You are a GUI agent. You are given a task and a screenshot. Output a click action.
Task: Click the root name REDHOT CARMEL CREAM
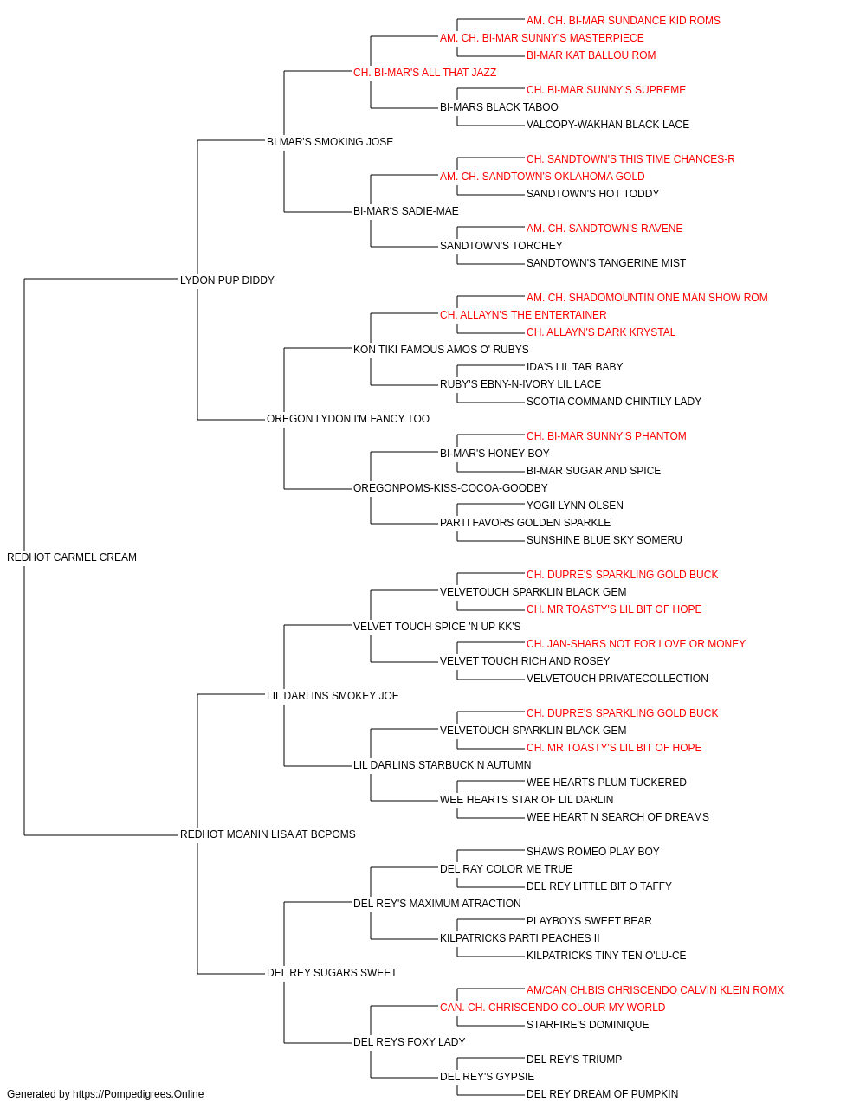(72, 557)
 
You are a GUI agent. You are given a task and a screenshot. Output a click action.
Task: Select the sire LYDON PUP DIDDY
(227, 280)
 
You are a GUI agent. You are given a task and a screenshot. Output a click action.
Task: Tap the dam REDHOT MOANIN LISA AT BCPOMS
(268, 834)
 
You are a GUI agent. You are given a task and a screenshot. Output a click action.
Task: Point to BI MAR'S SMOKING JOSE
(330, 142)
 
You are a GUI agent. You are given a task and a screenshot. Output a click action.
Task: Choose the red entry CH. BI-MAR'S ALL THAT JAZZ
(425, 73)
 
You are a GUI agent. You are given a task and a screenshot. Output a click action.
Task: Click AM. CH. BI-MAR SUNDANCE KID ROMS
(624, 21)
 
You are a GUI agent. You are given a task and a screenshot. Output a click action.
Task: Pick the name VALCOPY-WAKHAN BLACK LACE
(608, 125)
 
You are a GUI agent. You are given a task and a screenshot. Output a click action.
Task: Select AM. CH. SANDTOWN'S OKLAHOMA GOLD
(542, 177)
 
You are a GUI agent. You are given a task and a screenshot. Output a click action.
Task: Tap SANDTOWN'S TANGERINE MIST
(606, 262)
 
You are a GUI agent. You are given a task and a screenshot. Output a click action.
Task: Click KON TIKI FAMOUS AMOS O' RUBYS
(441, 349)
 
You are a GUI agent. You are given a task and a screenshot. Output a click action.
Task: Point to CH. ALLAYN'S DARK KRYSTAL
(601, 332)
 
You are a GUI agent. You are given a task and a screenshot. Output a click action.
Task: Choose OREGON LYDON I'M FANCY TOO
(348, 419)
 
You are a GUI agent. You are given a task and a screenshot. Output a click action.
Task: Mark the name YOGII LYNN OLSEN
(575, 506)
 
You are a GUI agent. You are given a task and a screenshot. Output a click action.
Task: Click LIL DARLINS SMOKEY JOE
(333, 695)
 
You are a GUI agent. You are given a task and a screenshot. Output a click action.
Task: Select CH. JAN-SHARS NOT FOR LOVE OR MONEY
(636, 643)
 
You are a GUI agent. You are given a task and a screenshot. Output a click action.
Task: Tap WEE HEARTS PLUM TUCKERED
(606, 783)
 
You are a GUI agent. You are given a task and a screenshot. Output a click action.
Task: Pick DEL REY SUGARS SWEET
(332, 972)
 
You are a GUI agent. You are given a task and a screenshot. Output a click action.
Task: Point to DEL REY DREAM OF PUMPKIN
(603, 1094)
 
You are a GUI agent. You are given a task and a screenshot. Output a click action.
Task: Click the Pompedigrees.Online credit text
(105, 1094)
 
